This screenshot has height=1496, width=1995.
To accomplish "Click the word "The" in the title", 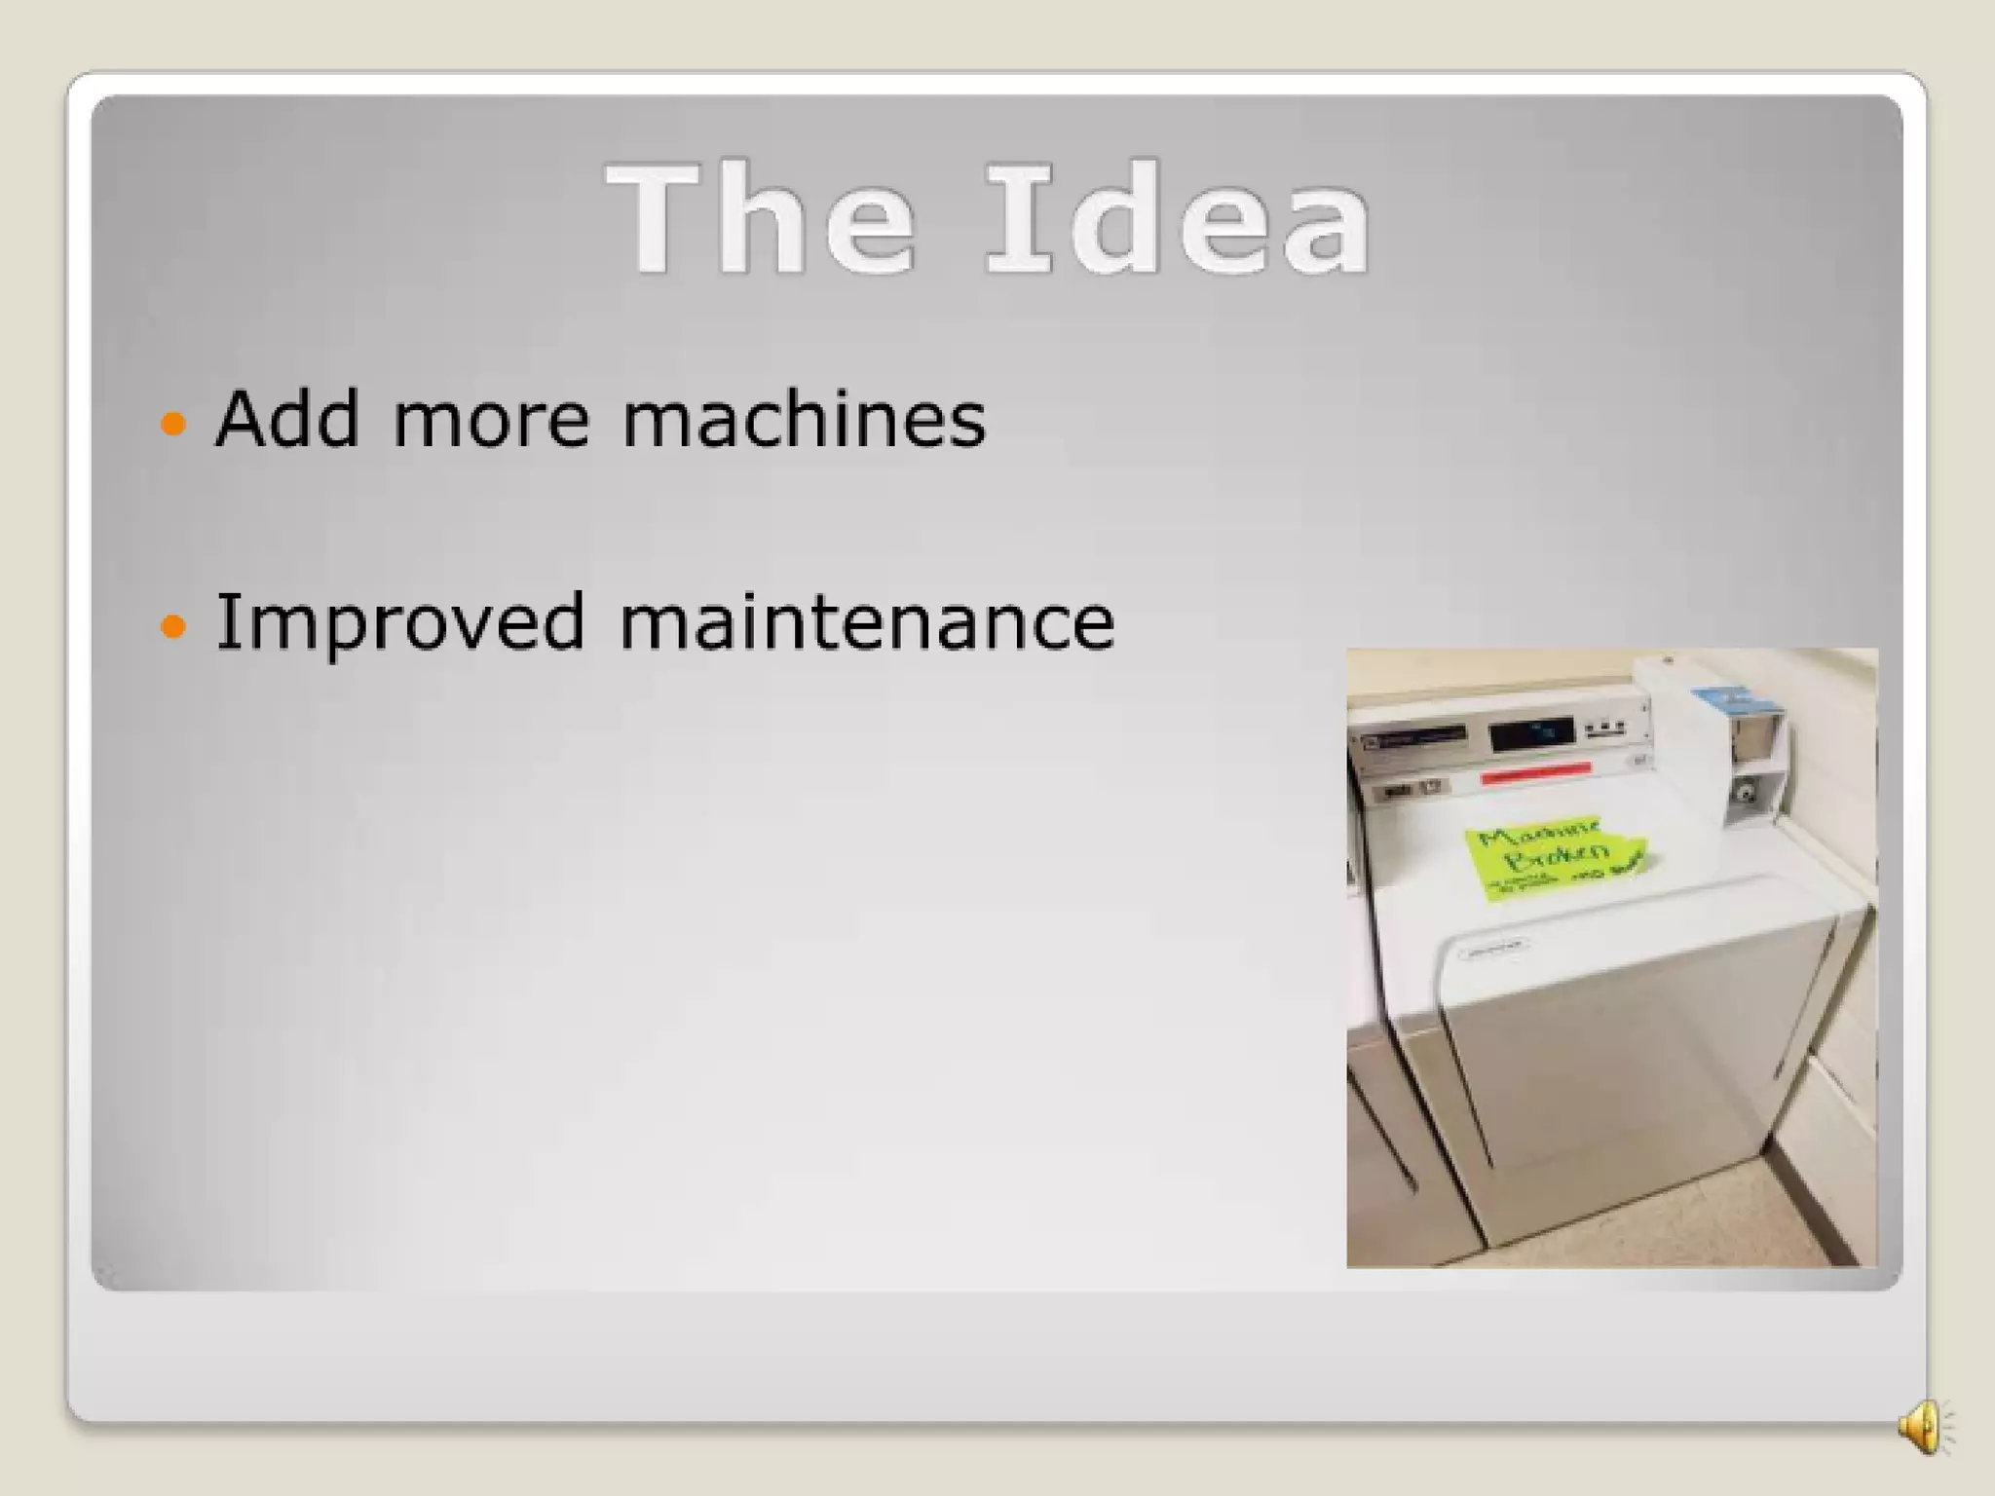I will [761, 219].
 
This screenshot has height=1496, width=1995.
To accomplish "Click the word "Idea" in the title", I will [1179, 219].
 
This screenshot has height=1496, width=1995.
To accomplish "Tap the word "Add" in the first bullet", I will [287, 419].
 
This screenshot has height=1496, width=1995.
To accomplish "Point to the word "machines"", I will [804, 419].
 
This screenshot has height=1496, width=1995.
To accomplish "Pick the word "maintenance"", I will [867, 621].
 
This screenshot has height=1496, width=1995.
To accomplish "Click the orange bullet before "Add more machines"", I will [172, 424].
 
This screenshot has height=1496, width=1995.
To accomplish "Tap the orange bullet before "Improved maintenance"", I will [172, 626].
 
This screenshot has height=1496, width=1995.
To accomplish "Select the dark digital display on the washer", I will [1531, 733].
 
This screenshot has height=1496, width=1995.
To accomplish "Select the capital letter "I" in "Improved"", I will [226, 621].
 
